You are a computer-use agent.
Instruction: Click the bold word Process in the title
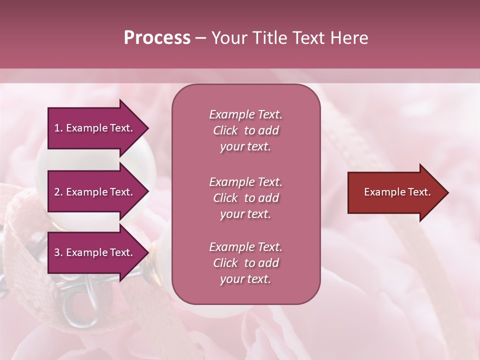coord(157,38)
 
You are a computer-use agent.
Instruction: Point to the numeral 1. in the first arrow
coord(58,128)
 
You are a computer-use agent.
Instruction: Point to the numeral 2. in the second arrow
coord(58,192)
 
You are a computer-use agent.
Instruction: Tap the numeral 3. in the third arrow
coord(58,252)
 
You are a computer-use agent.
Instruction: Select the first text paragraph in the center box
coord(245,130)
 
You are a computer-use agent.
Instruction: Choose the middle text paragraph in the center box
coord(245,198)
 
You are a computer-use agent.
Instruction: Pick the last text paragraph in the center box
coord(245,263)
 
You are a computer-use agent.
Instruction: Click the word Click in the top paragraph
coord(225,130)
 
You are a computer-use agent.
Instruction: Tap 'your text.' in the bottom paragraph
coord(245,279)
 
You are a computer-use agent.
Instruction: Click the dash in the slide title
coord(200,38)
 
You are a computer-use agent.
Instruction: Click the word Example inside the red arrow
coord(381,192)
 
